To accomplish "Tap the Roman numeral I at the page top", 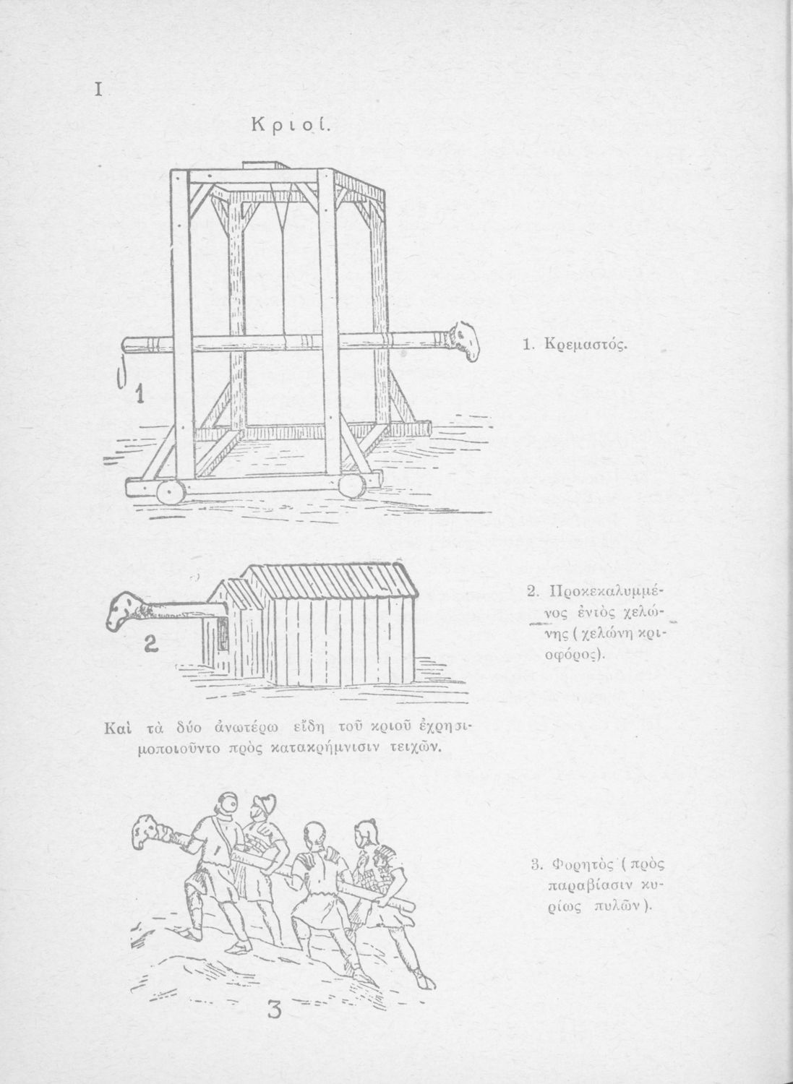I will click(x=96, y=90).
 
